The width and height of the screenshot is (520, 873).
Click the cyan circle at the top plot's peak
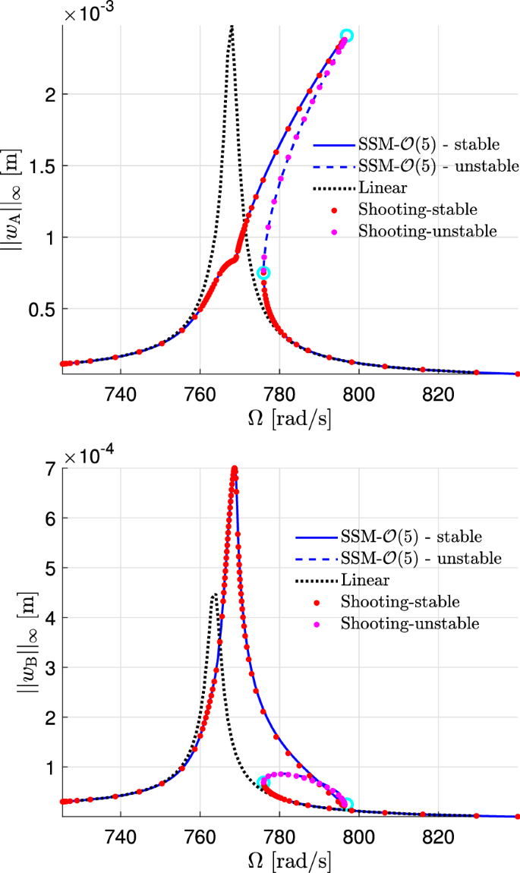(x=347, y=35)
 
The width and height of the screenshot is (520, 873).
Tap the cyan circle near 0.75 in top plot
(x=263, y=273)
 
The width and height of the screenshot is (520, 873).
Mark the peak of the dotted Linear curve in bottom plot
(x=215, y=594)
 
